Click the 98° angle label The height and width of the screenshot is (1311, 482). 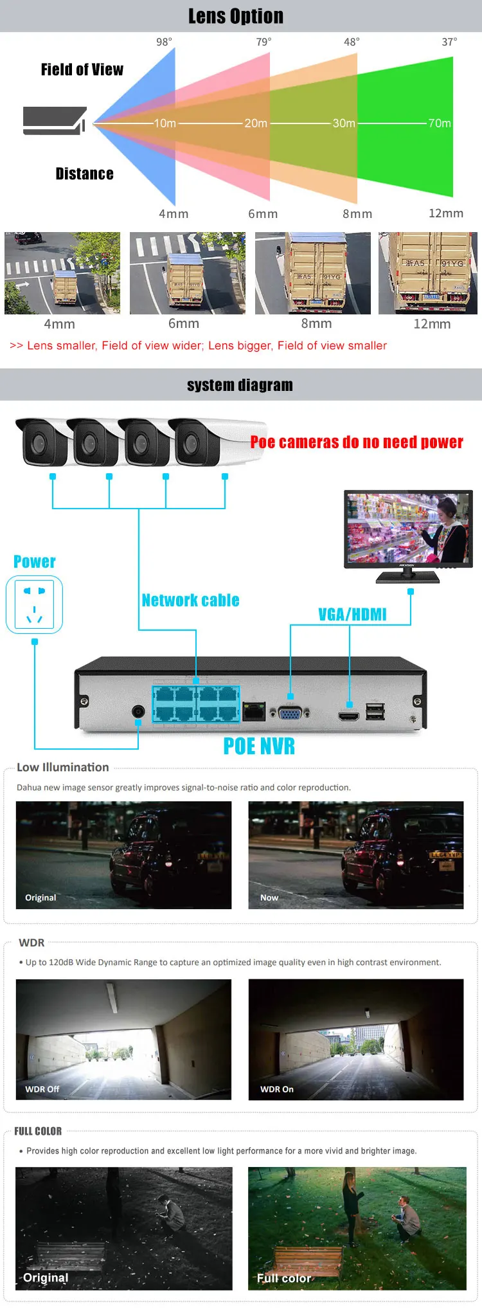click(164, 42)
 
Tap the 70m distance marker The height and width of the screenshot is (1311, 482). click(440, 123)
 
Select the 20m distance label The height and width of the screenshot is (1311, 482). click(256, 123)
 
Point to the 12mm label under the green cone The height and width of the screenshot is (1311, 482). click(445, 213)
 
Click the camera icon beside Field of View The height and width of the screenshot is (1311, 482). click(55, 120)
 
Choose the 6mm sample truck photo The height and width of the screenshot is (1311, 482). click(187, 273)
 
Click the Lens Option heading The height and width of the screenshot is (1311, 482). click(235, 16)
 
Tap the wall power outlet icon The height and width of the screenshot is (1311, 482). click(34, 604)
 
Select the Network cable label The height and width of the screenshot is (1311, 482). click(190, 600)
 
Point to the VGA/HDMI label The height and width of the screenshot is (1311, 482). click(352, 614)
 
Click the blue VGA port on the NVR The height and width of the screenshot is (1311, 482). click(290, 712)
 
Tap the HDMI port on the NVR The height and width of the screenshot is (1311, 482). click(349, 715)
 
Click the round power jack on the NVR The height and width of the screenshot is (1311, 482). click(138, 712)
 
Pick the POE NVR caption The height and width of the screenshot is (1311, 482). click(259, 746)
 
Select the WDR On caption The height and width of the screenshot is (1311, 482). click(276, 1089)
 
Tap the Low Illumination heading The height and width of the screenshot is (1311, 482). click(63, 767)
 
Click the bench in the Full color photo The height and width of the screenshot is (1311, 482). click(307, 1260)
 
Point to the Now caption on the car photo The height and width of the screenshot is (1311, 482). click(269, 898)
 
